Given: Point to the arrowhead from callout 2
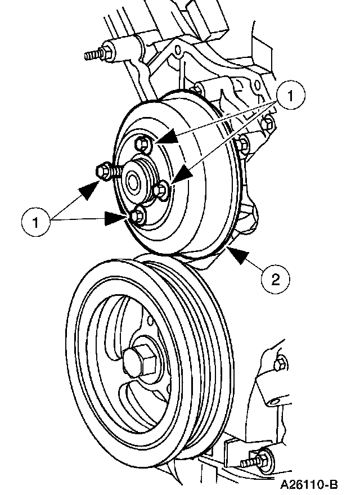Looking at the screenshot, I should pyautogui.click(x=236, y=254).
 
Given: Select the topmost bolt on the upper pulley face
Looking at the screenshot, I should pyautogui.click(x=143, y=144).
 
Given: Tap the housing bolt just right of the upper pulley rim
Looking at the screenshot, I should pyautogui.click(x=243, y=144).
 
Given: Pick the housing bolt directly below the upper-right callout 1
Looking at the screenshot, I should pyautogui.click(x=269, y=122).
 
